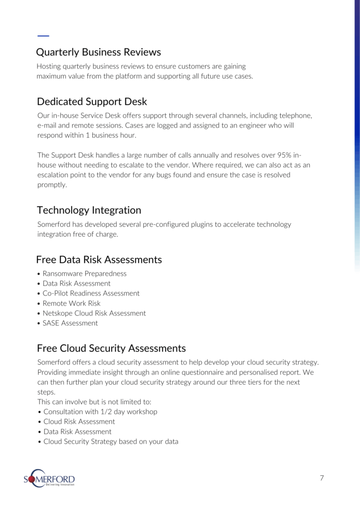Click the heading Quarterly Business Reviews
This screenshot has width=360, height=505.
point(99,52)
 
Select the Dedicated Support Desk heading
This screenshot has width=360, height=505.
point(92,102)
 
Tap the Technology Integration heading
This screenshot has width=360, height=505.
point(89,210)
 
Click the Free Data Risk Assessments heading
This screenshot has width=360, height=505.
point(99,259)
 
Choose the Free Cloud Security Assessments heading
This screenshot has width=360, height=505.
point(111,348)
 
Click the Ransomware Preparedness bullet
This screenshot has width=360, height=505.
point(84,273)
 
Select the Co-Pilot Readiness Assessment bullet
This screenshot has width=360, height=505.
point(91,293)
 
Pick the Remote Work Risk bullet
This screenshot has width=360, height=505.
point(72,303)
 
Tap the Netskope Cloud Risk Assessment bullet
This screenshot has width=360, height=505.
point(94,313)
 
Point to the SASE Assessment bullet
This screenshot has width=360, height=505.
point(70,323)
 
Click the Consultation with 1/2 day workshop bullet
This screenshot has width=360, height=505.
point(100,411)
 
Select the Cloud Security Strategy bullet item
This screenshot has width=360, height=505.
point(110,441)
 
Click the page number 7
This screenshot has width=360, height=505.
point(322,478)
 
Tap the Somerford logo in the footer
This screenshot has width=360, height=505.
point(49,478)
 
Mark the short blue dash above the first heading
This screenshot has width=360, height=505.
point(43,36)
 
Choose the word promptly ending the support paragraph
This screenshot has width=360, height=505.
point(52,184)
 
